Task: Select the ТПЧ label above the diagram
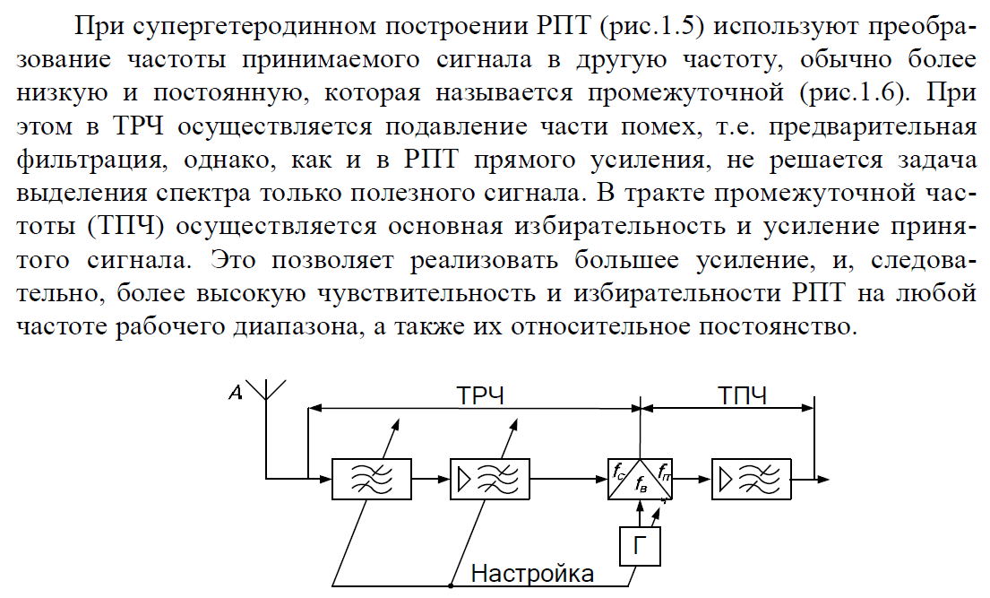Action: [742, 394]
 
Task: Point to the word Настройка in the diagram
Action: [532, 573]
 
